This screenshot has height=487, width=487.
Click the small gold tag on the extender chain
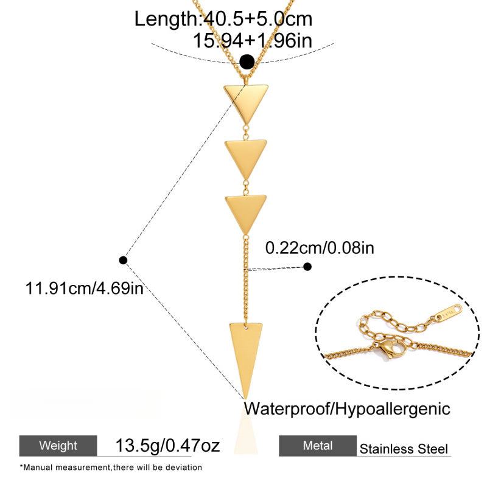(448, 312)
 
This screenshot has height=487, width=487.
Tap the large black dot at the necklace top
(247, 62)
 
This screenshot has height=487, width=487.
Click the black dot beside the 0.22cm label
(307, 267)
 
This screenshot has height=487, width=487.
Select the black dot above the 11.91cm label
(123, 260)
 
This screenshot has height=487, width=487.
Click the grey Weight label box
(58, 446)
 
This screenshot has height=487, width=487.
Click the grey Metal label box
(318, 446)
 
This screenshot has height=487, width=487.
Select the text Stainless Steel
(404, 449)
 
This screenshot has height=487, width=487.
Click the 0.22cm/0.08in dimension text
(320, 248)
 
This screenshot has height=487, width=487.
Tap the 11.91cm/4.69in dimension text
(84, 288)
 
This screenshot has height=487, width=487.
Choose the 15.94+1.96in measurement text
(253, 41)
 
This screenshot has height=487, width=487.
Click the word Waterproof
(288, 408)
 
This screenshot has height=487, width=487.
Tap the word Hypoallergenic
(393, 409)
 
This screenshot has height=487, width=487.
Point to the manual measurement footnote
(111, 468)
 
